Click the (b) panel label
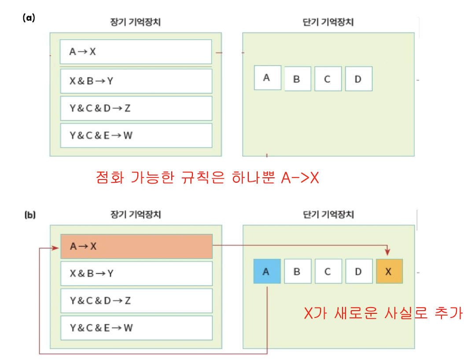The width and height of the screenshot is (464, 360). click(x=30, y=215)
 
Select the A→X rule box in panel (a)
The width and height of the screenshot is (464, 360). click(x=136, y=52)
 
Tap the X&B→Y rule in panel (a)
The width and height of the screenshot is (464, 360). click(x=136, y=81)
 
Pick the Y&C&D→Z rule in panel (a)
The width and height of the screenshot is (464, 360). click(x=136, y=108)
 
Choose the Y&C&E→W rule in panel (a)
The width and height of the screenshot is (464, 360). click(x=136, y=136)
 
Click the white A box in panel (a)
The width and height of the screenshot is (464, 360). click(x=267, y=77)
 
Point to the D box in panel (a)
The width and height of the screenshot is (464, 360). click(x=358, y=79)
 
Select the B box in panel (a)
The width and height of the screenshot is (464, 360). click(x=298, y=79)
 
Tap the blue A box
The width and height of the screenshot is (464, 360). click(x=267, y=272)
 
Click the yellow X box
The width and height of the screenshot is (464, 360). click(x=389, y=272)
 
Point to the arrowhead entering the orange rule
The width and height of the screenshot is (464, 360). click(x=57, y=248)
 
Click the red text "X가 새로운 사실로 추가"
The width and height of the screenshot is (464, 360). click(x=383, y=313)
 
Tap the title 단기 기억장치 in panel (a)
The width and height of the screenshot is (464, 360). click(x=328, y=22)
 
